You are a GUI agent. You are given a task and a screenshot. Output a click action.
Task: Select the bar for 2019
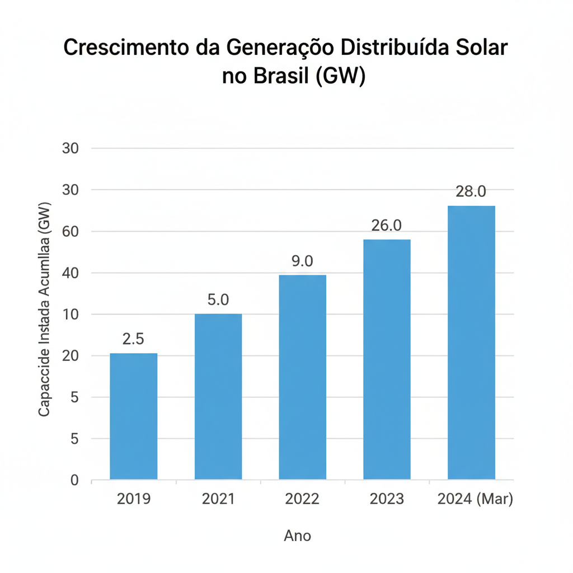point(133,416)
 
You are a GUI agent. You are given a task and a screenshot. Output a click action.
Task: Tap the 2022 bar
point(303,377)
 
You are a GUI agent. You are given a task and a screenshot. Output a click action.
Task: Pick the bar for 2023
point(387,359)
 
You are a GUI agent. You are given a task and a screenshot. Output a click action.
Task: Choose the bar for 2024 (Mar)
point(471,342)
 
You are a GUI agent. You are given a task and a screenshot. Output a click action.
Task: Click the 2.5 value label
point(133,339)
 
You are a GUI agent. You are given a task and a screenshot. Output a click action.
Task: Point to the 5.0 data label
point(218,300)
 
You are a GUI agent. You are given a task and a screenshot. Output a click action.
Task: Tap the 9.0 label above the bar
point(303,261)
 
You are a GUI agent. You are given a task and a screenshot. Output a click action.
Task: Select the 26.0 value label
point(387,226)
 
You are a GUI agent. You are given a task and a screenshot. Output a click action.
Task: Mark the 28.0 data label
point(471,191)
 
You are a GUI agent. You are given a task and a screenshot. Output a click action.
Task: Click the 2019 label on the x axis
point(133,499)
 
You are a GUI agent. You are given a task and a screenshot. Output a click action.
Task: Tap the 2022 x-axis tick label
point(302,499)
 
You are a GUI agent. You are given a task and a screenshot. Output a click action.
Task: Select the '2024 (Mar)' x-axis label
point(475,499)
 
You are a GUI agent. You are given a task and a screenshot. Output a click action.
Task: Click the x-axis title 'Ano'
point(297,536)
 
